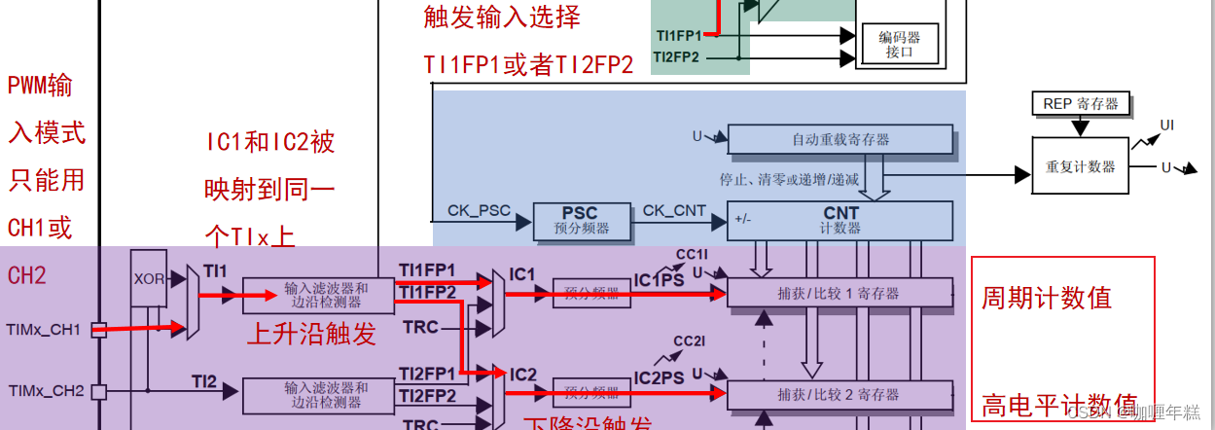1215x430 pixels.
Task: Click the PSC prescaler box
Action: [x=579, y=221]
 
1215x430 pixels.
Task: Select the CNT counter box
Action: [x=840, y=220]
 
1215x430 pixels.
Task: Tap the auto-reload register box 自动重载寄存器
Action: [x=840, y=140]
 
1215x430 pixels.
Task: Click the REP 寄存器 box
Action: [x=1080, y=104]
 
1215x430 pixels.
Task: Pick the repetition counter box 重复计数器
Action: [x=1080, y=166]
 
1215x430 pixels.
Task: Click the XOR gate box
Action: [x=149, y=278]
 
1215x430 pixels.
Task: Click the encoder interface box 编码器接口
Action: [x=900, y=44]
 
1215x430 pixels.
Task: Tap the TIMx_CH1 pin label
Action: [x=44, y=330]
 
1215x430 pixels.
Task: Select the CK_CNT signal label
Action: [x=674, y=209]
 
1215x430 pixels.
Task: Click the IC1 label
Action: [x=522, y=274]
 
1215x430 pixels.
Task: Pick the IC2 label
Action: [x=522, y=375]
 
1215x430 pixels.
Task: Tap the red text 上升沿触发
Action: [x=310, y=335]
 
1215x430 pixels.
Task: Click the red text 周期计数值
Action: [x=1046, y=298]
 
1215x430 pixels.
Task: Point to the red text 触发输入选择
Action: [x=502, y=17]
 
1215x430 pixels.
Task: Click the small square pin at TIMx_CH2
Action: [x=98, y=392]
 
